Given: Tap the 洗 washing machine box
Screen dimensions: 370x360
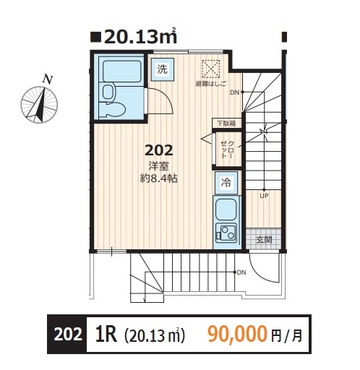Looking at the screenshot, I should (x=161, y=69).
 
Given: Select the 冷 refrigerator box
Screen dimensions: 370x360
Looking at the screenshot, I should (x=226, y=182).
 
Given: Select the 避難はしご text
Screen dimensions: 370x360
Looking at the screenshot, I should (x=210, y=84).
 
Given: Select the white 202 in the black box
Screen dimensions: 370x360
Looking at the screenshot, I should (x=68, y=334).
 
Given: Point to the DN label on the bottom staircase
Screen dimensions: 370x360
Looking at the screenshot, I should (x=241, y=272).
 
